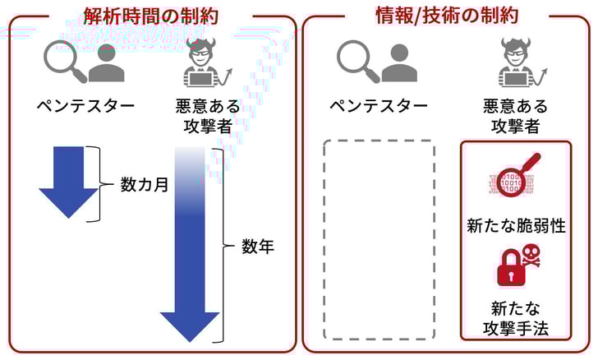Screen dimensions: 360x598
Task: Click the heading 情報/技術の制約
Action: [x=446, y=15]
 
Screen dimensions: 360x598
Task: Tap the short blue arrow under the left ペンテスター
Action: [x=68, y=182]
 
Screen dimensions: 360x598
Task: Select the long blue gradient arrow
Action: [x=191, y=247]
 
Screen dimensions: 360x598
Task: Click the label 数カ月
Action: [x=145, y=185]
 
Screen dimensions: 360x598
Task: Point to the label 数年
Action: [x=257, y=246]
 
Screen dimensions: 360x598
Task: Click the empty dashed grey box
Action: [x=379, y=239]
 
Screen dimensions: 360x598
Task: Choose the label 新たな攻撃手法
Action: [x=515, y=320]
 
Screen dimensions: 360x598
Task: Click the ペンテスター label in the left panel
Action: [x=85, y=106]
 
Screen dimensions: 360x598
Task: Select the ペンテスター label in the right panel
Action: [x=379, y=106]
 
